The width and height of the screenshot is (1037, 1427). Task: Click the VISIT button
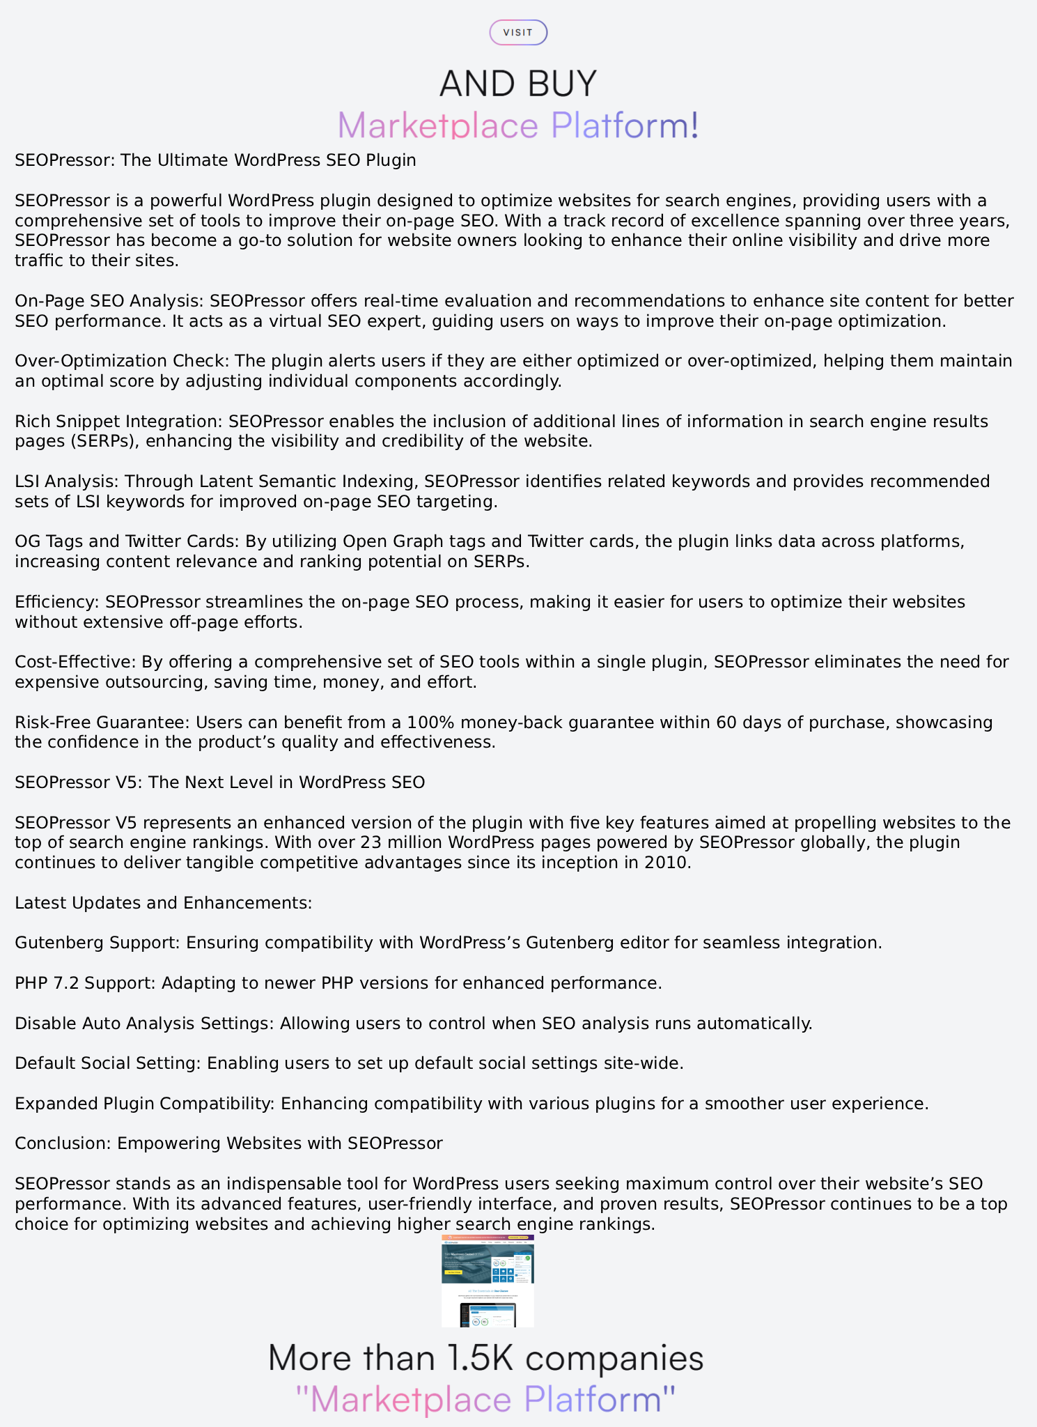(x=518, y=33)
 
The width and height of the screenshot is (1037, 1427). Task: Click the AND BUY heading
(x=518, y=84)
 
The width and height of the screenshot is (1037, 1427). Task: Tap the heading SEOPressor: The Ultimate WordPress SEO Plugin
(x=215, y=160)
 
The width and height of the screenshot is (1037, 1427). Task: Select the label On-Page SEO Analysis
(x=109, y=301)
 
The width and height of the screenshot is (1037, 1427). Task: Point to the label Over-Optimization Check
(x=122, y=361)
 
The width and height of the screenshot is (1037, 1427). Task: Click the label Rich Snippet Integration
(x=119, y=422)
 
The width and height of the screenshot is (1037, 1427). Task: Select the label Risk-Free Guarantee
(x=102, y=723)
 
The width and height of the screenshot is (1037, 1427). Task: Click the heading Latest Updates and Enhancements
(x=164, y=903)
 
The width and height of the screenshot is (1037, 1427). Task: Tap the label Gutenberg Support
(x=98, y=943)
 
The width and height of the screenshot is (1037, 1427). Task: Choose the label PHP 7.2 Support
(x=86, y=983)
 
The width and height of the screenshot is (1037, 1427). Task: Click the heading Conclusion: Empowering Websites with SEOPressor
(x=228, y=1143)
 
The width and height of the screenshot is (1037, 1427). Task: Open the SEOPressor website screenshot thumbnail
(x=488, y=1281)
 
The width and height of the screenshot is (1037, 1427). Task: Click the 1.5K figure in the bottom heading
(x=481, y=1359)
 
